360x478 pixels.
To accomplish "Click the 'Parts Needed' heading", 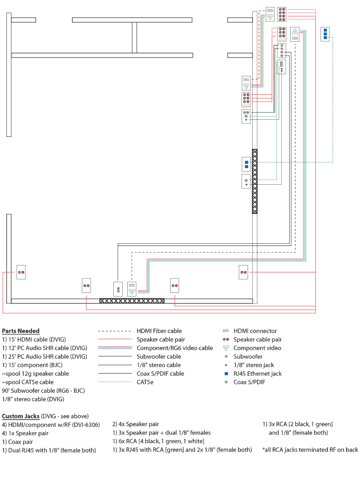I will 21,331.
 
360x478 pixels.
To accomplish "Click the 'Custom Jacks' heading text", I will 20,416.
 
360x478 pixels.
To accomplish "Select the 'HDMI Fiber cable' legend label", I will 159,331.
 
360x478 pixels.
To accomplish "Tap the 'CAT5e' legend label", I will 145,382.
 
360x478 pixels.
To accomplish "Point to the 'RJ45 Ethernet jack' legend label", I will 257,374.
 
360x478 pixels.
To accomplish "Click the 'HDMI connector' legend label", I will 255,331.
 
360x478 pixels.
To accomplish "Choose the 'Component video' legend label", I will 257,348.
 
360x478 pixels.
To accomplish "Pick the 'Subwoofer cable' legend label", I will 159,356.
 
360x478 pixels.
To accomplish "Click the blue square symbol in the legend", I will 226,374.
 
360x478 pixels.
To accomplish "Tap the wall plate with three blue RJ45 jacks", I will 326,34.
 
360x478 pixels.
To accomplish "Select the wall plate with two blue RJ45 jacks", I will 246,164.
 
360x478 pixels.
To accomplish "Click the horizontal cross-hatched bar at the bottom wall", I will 132,301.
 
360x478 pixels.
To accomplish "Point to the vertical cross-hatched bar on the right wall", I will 255,181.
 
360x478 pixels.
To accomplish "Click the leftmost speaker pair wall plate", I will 21,272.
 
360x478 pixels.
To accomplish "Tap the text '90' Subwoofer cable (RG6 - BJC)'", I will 43,390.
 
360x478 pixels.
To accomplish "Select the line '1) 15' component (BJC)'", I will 32,365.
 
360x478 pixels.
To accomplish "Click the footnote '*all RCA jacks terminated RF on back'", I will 310,450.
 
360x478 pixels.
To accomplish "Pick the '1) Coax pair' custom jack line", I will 17,441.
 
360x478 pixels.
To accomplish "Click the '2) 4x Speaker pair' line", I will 136,424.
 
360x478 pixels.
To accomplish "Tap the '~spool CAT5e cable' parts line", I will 27,382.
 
